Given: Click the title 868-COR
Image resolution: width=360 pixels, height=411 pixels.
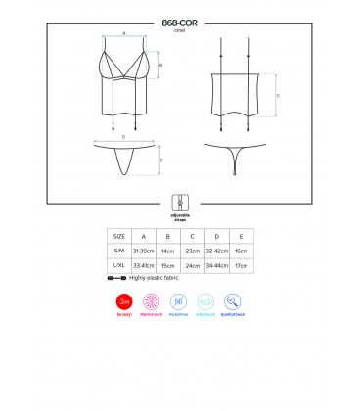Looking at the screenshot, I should pos(179,21).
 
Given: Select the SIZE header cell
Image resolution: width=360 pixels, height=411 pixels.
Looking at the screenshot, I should pos(119,236).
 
